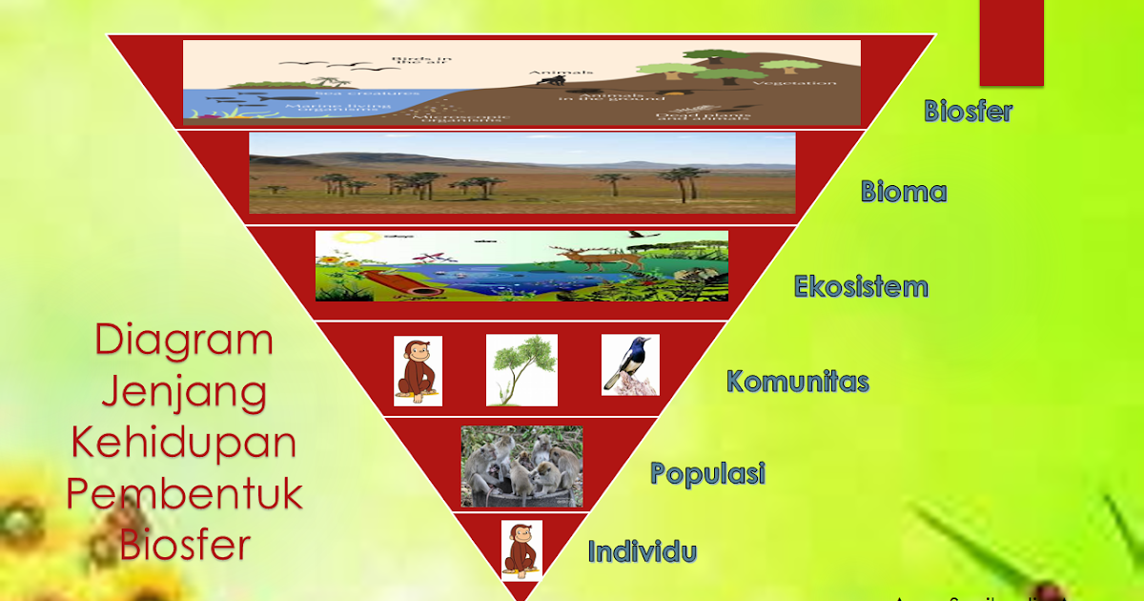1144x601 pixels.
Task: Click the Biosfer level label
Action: pyautogui.click(x=968, y=111)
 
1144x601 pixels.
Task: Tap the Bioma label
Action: pyautogui.click(x=903, y=192)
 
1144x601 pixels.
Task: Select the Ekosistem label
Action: pyautogui.click(x=861, y=286)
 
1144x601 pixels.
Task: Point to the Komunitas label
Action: pyautogui.click(x=797, y=382)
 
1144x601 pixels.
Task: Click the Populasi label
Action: pyautogui.click(x=707, y=473)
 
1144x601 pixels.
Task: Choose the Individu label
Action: pyautogui.click(x=642, y=551)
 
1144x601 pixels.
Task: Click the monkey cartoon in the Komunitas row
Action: pyautogui.click(x=418, y=371)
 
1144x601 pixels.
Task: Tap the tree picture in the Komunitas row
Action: pyautogui.click(x=521, y=370)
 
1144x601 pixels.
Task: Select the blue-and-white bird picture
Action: pyautogui.click(x=630, y=364)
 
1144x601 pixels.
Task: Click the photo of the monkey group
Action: pyautogui.click(x=521, y=466)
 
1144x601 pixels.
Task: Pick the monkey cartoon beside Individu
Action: pyautogui.click(x=521, y=550)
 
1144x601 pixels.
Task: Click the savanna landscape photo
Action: pyautogui.click(x=521, y=173)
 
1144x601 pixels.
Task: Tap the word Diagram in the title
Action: pyautogui.click(x=184, y=341)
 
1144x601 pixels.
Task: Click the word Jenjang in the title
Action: pyautogui.click(x=184, y=392)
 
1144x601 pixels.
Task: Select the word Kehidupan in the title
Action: pyautogui.click(x=184, y=444)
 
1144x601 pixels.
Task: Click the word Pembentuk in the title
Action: pyautogui.click(x=184, y=494)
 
